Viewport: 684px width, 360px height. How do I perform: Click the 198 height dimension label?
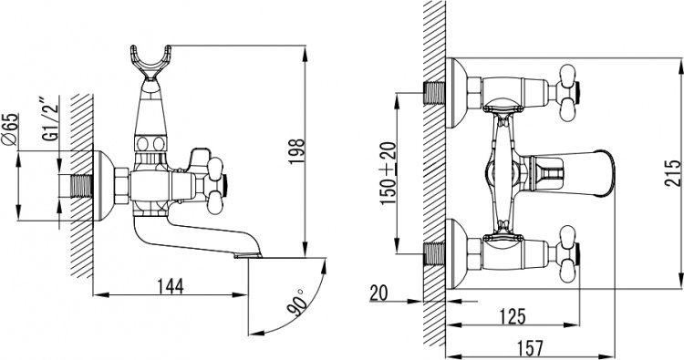tap(295, 150)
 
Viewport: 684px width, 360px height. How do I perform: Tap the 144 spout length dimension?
tap(171, 286)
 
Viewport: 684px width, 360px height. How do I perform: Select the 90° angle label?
tap(296, 302)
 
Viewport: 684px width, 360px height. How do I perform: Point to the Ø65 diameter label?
tap(11, 129)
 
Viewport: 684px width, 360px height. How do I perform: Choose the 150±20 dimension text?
tap(389, 173)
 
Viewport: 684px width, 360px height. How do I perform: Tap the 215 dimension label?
tap(673, 173)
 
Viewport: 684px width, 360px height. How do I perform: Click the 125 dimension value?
tap(513, 316)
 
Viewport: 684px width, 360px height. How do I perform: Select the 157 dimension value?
tap(532, 348)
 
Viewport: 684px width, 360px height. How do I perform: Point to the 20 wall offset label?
tap(378, 293)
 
